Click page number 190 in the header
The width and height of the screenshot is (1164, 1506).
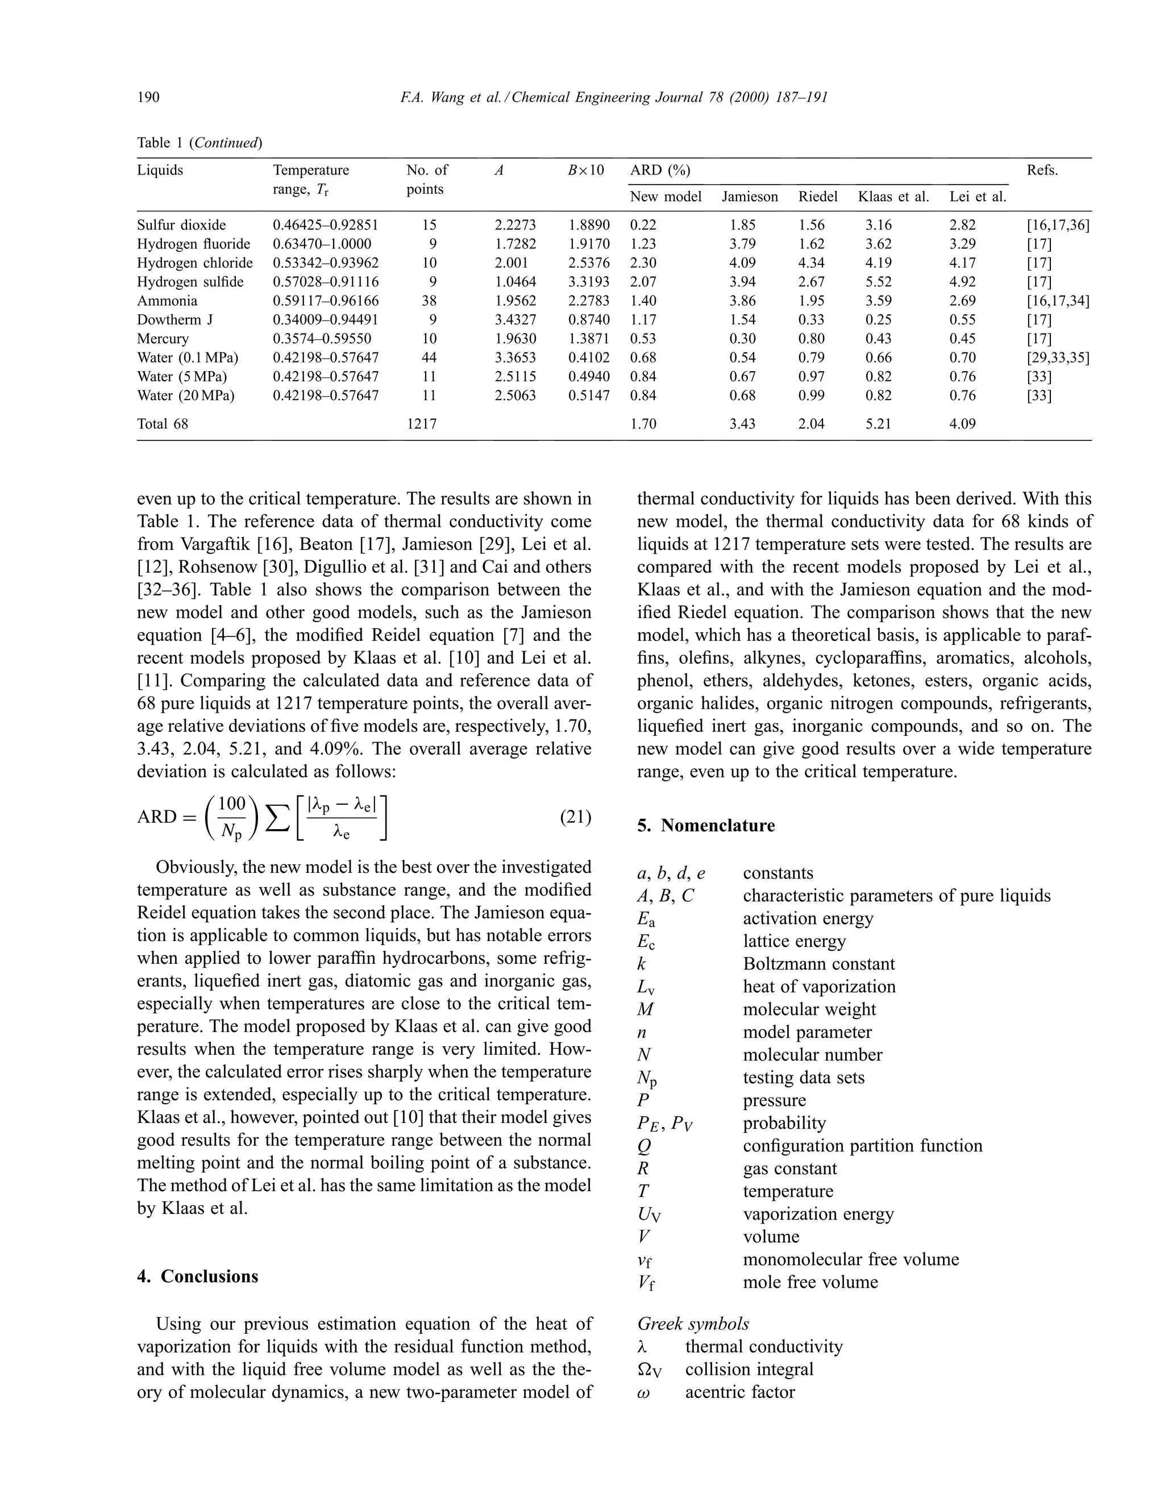click(148, 97)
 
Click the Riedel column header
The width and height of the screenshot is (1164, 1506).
click(818, 197)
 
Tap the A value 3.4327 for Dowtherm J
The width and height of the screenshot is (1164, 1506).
click(515, 319)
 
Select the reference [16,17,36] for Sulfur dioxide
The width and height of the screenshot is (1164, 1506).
click(1058, 225)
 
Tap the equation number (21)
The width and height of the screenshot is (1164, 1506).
click(575, 817)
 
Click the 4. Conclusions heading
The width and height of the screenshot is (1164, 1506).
click(197, 1276)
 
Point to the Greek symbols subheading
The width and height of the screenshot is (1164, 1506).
click(693, 1323)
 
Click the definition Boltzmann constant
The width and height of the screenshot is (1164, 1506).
click(818, 963)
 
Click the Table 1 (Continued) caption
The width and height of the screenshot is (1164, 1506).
click(200, 143)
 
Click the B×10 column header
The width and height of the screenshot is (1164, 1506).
click(585, 170)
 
